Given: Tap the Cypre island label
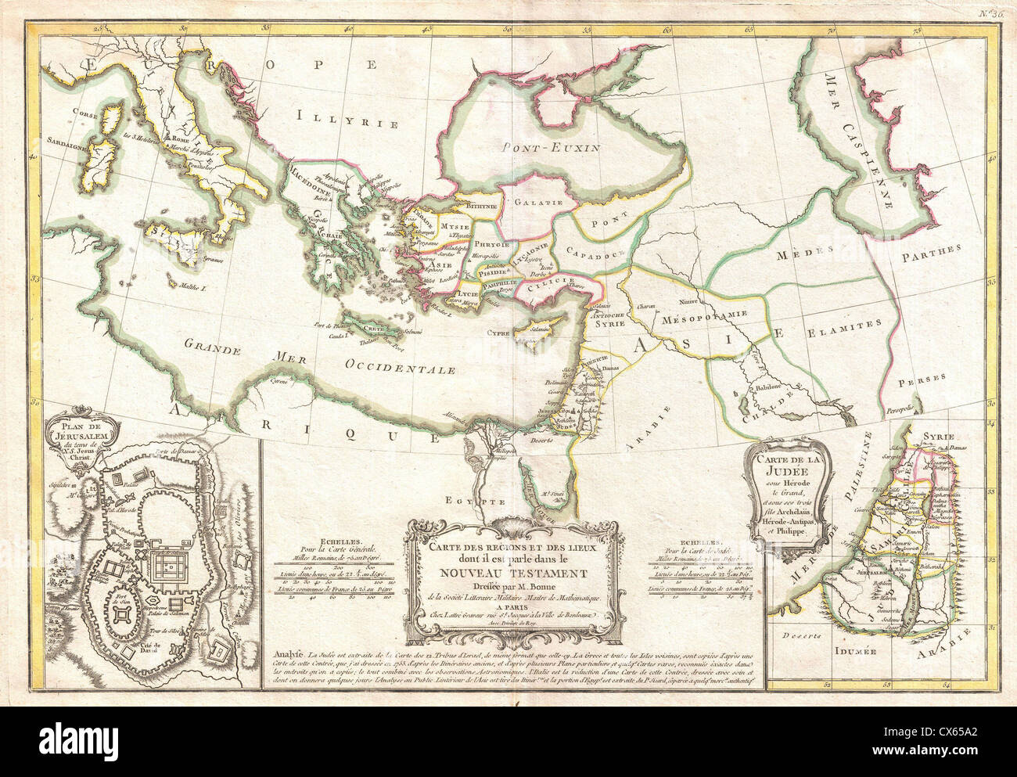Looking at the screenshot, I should pyautogui.click(x=499, y=332).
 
